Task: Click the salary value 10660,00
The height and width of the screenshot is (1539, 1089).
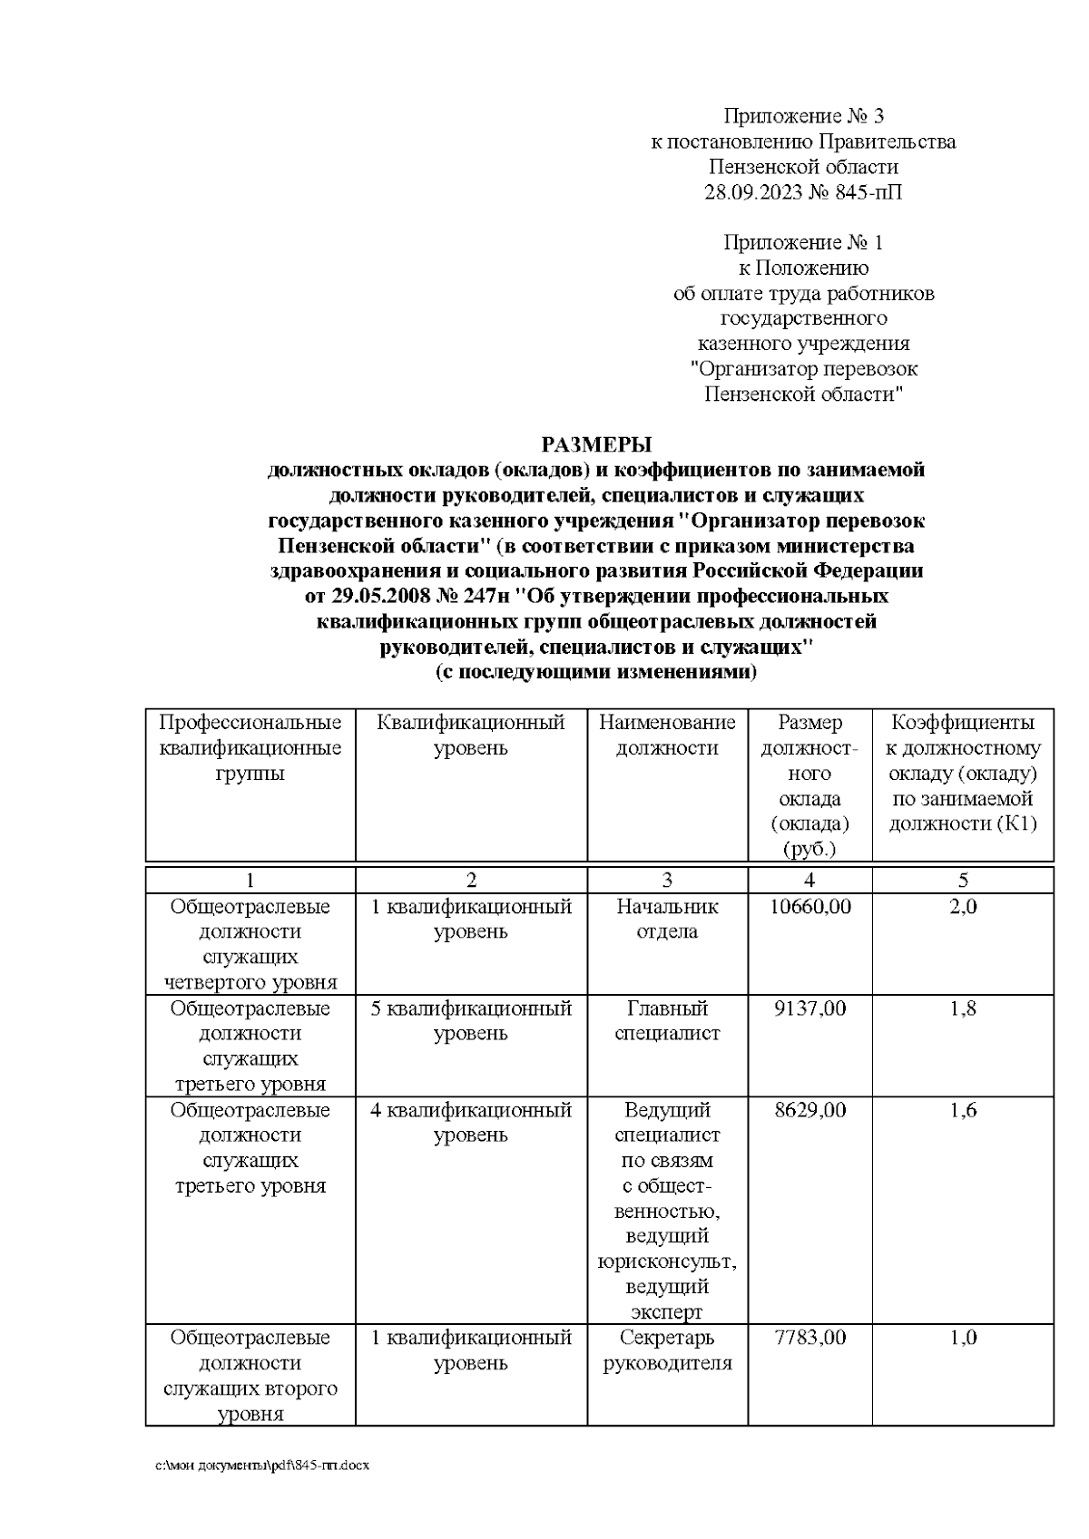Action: click(x=809, y=906)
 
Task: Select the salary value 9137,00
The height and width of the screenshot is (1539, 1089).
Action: click(x=809, y=1008)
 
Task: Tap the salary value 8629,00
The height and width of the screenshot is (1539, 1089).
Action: click(x=809, y=1109)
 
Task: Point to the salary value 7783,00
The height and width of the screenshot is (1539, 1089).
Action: click(x=809, y=1337)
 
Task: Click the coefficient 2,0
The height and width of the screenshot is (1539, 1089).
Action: click(x=963, y=906)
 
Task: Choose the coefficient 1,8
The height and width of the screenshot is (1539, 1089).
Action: click(x=963, y=1008)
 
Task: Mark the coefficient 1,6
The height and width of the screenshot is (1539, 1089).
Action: click(x=963, y=1109)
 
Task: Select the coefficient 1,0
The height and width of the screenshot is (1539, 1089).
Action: click(x=963, y=1337)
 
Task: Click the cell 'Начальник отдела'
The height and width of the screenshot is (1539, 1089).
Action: click(x=667, y=919)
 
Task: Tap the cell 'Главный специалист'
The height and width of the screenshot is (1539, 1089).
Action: click(x=667, y=1020)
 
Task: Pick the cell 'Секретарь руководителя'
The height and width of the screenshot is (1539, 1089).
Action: click(x=667, y=1349)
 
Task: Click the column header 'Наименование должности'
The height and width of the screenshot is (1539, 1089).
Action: click(x=667, y=735)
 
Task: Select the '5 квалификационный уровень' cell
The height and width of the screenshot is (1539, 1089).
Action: click(x=471, y=1020)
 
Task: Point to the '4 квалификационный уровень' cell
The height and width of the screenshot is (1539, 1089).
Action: click(x=471, y=1122)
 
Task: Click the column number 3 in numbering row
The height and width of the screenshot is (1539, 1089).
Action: click(x=667, y=880)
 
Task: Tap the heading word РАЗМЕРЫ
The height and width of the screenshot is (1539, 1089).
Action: click(x=596, y=444)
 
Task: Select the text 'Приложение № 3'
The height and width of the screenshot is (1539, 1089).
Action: click(x=803, y=116)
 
